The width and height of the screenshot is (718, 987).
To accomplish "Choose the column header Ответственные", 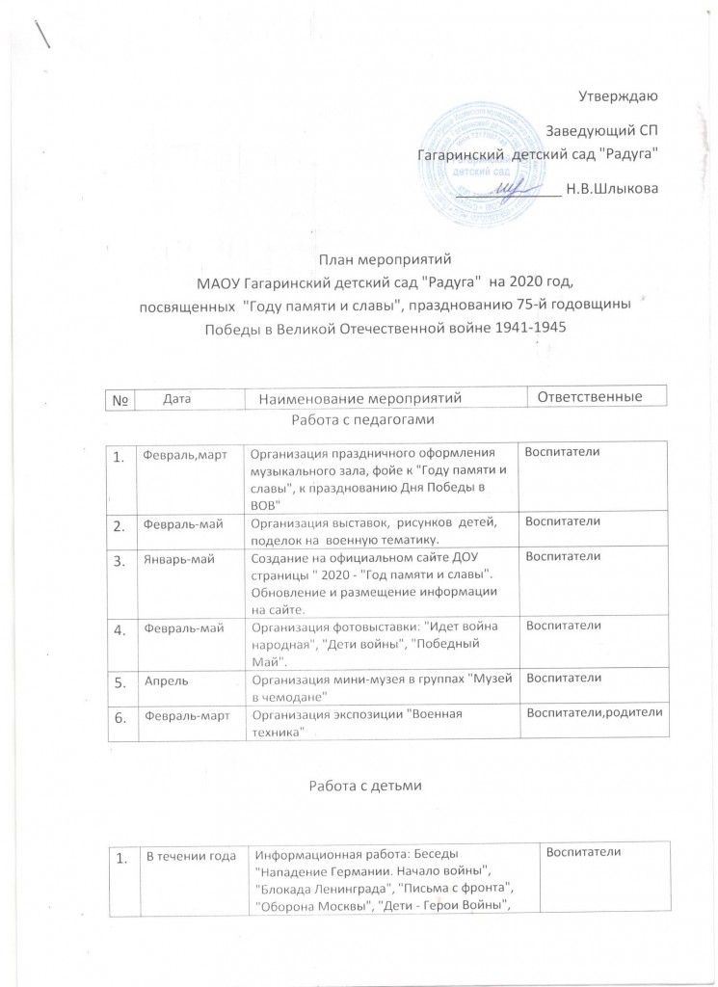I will tap(587, 397).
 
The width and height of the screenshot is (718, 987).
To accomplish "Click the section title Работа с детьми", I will tap(359, 786).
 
